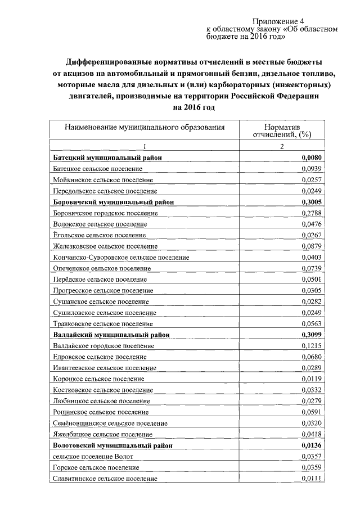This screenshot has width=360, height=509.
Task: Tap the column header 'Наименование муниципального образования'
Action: pyautogui.click(x=145, y=127)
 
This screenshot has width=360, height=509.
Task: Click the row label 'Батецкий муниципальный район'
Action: pyautogui.click(x=107, y=158)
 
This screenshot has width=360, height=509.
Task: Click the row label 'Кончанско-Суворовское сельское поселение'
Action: pyautogui.click(x=121, y=257)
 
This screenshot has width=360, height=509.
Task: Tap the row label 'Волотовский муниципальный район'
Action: pyautogui.click(x=112, y=445)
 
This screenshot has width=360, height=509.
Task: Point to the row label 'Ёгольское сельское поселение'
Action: pyautogui.click(x=99, y=235)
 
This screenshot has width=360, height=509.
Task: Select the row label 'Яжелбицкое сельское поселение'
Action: pyautogui.click(x=102, y=434)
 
